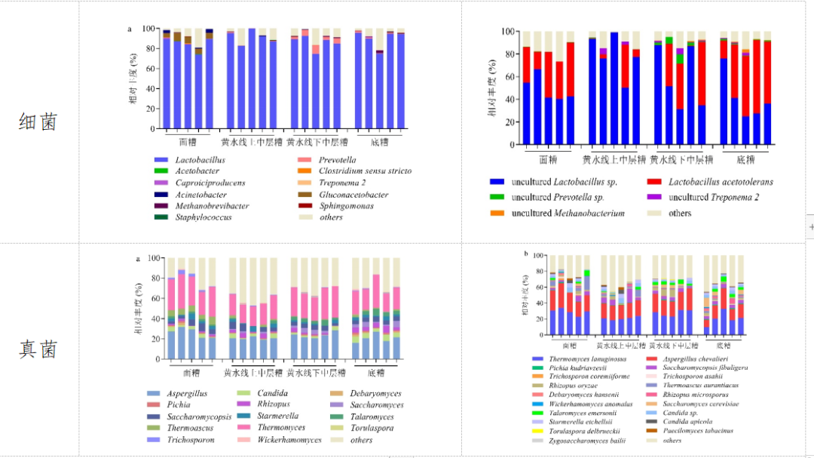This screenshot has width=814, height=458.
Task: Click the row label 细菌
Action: (x=38, y=121)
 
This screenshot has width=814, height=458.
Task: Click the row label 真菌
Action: (x=38, y=349)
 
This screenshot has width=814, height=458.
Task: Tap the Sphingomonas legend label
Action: (x=353, y=206)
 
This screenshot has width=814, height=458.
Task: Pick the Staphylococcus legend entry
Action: (x=203, y=217)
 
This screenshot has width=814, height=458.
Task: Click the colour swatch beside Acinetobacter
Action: (x=161, y=195)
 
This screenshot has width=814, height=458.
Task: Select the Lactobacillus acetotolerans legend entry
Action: (x=721, y=182)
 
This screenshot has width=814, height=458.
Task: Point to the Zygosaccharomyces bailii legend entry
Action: (x=589, y=440)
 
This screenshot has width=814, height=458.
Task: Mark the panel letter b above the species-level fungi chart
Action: (x=525, y=254)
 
